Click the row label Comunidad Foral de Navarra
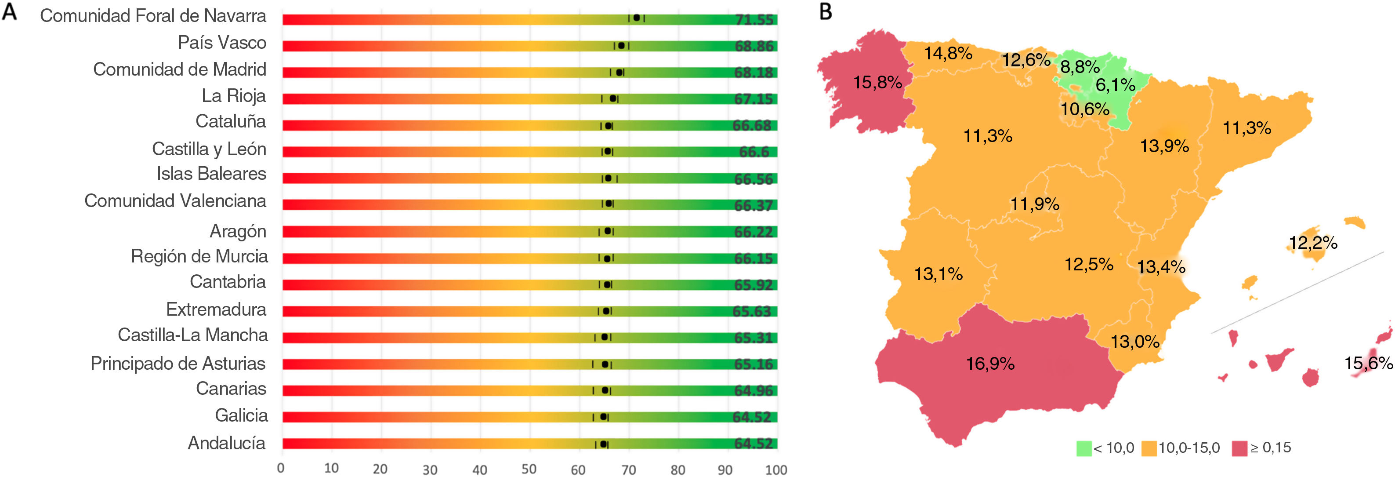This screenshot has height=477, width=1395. point(153,16)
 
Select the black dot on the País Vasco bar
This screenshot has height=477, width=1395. point(621,46)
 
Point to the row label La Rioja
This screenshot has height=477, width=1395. point(233,96)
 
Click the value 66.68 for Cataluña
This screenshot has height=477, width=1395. point(752,126)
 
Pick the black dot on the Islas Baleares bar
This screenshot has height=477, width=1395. point(608,178)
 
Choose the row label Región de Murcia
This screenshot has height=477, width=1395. point(199,256)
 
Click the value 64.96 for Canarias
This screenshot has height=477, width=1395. point(753,390)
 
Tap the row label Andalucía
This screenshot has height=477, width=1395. point(226,444)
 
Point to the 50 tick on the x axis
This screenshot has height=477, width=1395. point(529,470)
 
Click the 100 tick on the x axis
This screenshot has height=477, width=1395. point(775,470)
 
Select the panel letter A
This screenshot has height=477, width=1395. point(10,12)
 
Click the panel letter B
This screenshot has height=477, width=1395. point(825,12)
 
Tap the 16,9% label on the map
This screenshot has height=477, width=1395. point(990,364)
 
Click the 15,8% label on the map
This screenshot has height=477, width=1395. point(877,82)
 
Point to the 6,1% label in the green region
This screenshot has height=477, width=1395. point(1115,85)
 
